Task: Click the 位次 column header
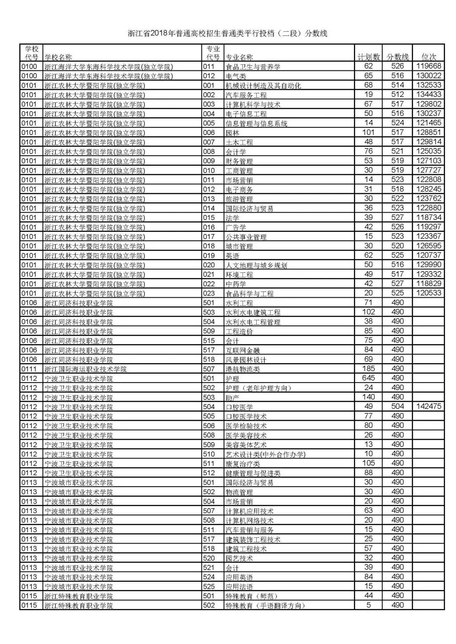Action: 429,57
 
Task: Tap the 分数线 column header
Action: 397,57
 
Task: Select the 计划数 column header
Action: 368,57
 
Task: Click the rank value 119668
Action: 429,66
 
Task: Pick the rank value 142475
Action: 429,407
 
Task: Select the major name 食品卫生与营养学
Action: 253,67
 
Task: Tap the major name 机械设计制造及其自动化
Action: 263,86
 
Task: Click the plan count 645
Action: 368,378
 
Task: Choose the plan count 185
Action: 368,369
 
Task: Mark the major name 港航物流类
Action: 243,369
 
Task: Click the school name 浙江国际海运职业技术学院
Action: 85,369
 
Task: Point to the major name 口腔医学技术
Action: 246,416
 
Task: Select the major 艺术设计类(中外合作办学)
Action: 265,454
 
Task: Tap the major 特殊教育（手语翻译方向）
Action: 265,606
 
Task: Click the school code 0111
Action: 30,369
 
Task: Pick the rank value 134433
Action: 429,94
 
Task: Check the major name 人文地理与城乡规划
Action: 256,265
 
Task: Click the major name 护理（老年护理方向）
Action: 258,388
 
